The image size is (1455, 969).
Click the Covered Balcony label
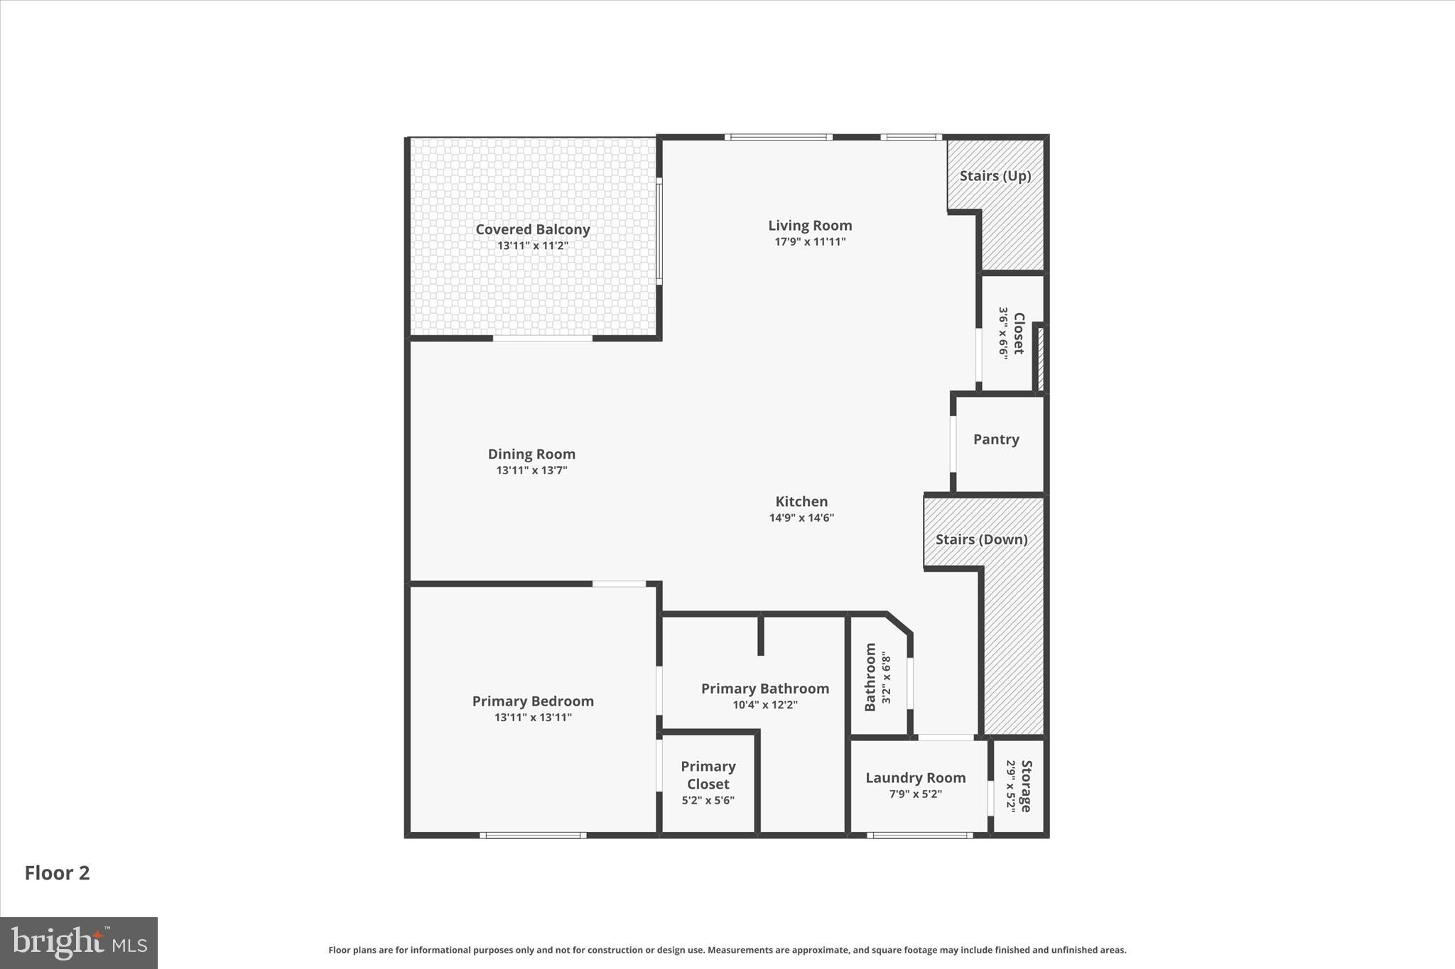click(532, 229)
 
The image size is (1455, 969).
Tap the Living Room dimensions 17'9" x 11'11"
click(810, 242)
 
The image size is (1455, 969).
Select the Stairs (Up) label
click(995, 176)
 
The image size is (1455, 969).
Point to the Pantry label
click(996, 439)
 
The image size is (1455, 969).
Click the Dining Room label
click(531, 454)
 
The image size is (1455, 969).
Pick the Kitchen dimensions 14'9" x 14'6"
click(801, 518)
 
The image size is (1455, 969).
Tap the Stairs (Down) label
click(981, 540)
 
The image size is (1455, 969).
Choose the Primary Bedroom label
click(533, 701)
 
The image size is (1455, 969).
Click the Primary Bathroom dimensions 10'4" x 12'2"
click(765, 706)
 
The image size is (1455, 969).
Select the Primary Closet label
click(708, 775)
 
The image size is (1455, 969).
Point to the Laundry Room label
click(915, 778)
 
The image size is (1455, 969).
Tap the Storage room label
click(1026, 786)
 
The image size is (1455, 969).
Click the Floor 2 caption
click(58, 873)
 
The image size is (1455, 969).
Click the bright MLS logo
click(79, 943)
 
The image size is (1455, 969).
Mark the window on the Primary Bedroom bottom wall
click(533, 836)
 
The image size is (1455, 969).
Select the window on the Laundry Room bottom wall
click(919, 836)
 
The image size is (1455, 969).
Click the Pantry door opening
click(953, 444)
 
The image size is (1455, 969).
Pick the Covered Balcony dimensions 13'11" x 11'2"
click(532, 246)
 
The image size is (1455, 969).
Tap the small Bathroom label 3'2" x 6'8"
click(870, 677)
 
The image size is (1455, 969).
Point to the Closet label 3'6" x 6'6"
click(1018, 334)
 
